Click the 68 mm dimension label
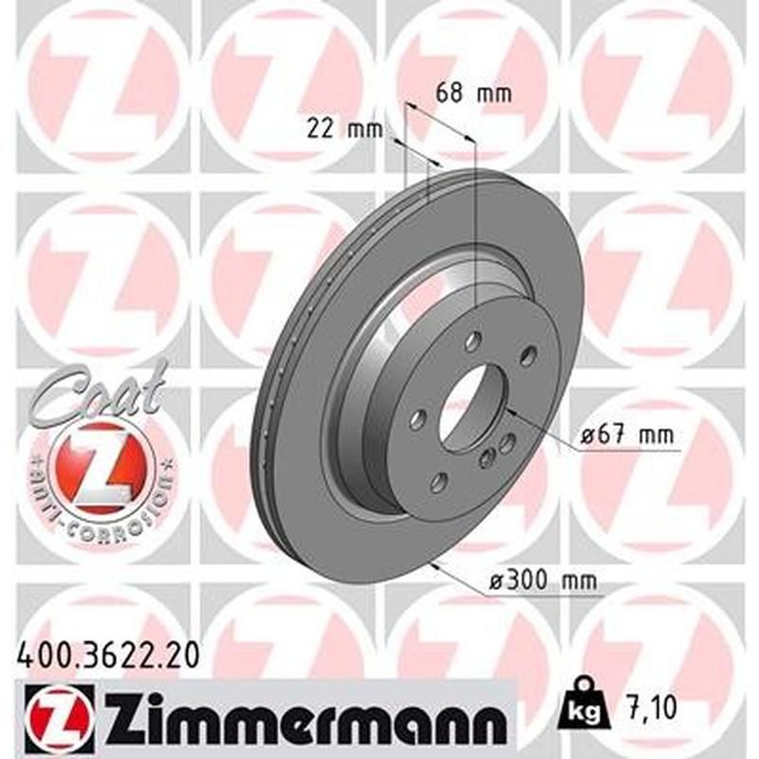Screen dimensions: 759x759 (x=473, y=94)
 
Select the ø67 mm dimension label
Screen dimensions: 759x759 (x=625, y=436)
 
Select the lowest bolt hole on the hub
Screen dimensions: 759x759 (x=438, y=482)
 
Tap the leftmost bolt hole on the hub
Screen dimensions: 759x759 (x=417, y=418)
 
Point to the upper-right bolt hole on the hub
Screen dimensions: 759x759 (x=528, y=356)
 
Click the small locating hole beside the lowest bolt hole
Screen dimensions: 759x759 (x=487, y=459)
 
